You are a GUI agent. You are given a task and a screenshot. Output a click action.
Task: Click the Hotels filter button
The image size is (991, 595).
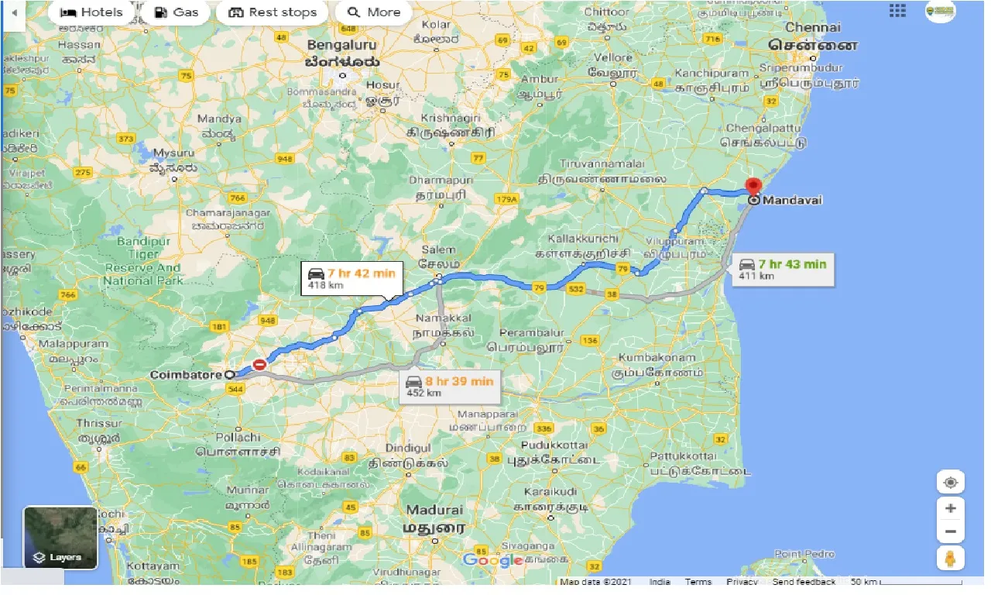(x=91, y=12)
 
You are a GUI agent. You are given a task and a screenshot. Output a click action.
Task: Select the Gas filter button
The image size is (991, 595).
(x=177, y=12)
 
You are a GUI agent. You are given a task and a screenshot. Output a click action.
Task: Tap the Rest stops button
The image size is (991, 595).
(x=273, y=12)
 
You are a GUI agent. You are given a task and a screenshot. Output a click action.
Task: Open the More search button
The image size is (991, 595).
(x=374, y=12)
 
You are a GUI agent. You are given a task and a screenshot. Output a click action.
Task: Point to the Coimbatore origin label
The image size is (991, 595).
(x=186, y=374)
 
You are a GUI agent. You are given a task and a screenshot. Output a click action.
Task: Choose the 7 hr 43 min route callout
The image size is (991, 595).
(x=783, y=269)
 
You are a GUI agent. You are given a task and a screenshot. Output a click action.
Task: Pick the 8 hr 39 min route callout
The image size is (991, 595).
(x=450, y=386)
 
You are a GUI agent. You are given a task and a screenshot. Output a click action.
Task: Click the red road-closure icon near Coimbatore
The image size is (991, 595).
(x=260, y=364)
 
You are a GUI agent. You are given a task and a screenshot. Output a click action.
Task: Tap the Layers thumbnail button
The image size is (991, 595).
(x=60, y=537)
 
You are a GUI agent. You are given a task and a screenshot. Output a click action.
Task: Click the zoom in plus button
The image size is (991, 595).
(x=951, y=509)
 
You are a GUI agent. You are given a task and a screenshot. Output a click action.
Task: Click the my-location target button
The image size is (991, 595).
(x=951, y=482)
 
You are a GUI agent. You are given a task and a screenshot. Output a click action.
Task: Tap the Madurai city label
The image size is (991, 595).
(x=434, y=510)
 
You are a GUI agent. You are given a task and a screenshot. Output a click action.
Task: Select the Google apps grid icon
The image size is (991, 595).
(x=897, y=11)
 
